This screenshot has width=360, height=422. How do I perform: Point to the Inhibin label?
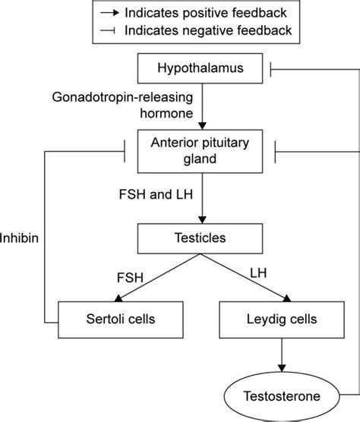pos(21,238)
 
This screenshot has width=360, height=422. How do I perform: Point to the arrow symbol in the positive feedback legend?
pos(111,14)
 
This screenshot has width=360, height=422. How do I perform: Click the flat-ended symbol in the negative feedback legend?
pos(111,30)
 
